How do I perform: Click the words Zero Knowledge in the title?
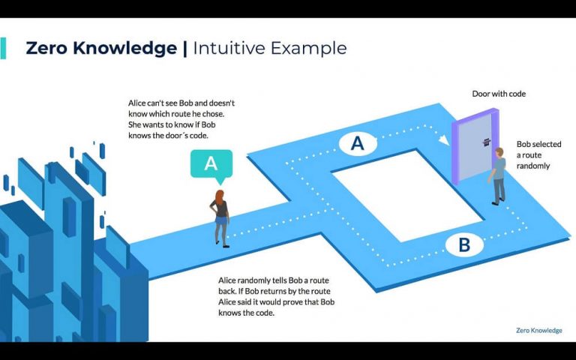pos(102,49)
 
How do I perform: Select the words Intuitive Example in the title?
pos(270,49)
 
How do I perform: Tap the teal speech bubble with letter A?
pos(211,163)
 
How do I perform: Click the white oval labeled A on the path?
pos(357,143)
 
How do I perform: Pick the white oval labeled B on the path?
pos(463,244)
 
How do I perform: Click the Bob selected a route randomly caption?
pos(533,154)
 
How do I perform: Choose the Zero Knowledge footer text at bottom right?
pos(538,330)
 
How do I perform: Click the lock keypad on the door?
pos(486,142)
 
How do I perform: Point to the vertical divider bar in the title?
pos(184,49)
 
